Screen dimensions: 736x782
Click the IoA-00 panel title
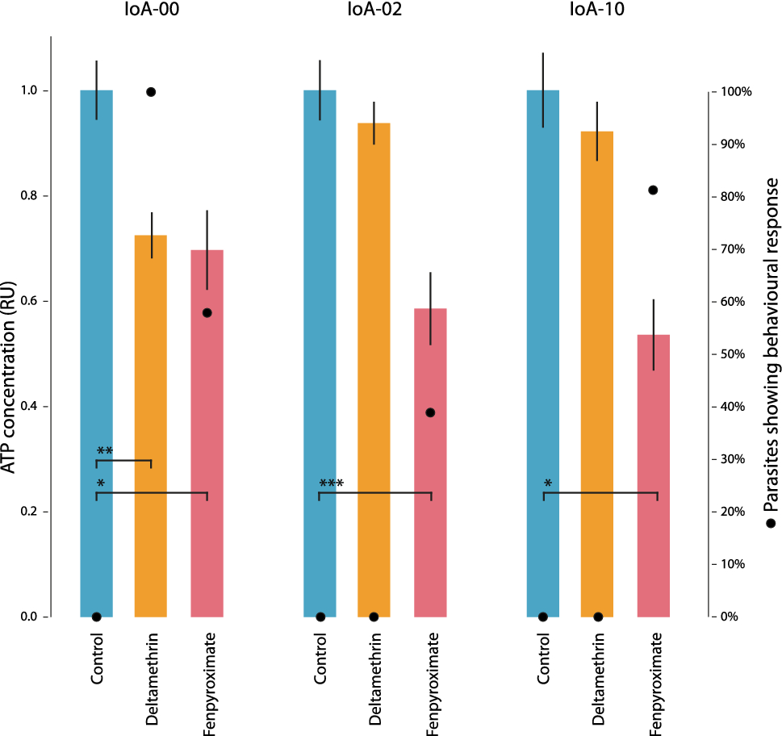(x=153, y=12)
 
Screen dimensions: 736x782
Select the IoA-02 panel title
(x=374, y=12)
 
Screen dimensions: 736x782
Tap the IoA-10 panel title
(x=598, y=12)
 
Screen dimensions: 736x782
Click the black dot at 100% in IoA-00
(x=150, y=92)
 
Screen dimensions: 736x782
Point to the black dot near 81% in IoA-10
(x=653, y=190)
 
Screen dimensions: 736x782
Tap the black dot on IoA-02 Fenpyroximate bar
(x=430, y=412)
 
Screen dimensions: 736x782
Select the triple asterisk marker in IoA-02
(x=331, y=484)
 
